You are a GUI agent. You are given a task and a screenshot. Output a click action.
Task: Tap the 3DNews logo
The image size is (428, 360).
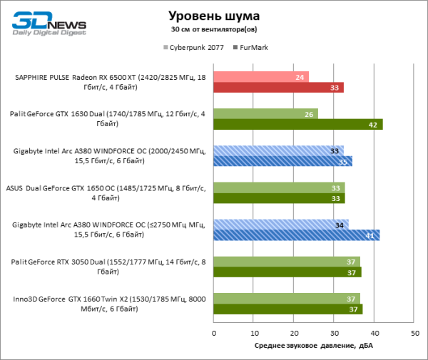pyautogui.click(x=48, y=23)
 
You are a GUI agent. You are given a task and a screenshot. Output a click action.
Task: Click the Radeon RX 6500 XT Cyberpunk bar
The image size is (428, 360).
pyautogui.click(x=261, y=77)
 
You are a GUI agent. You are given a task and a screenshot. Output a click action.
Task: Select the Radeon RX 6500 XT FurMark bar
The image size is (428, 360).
pyautogui.click(x=279, y=88)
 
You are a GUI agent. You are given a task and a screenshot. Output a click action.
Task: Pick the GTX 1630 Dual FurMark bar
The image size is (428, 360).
pyautogui.click(x=298, y=125)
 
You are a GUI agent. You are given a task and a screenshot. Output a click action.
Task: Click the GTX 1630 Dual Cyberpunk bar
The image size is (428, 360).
pyautogui.click(x=265, y=114)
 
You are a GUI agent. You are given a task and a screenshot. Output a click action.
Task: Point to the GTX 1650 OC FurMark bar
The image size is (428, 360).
pyautogui.click(x=279, y=198)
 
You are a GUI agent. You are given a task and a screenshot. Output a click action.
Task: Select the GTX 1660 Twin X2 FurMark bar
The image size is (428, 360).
pyautogui.click(x=287, y=309)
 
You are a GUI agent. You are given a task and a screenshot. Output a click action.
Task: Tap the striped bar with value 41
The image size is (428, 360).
pyautogui.click(x=296, y=235)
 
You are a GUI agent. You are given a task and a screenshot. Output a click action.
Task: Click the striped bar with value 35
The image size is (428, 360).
pyautogui.click(x=282, y=162)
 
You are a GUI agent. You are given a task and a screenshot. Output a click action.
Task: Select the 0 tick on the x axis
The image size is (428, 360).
pyautogui.click(x=214, y=333)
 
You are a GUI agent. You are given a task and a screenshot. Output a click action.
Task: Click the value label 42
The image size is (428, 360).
pyautogui.click(x=373, y=125)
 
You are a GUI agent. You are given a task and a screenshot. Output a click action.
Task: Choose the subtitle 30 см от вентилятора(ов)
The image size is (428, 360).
pyautogui.click(x=214, y=30)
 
